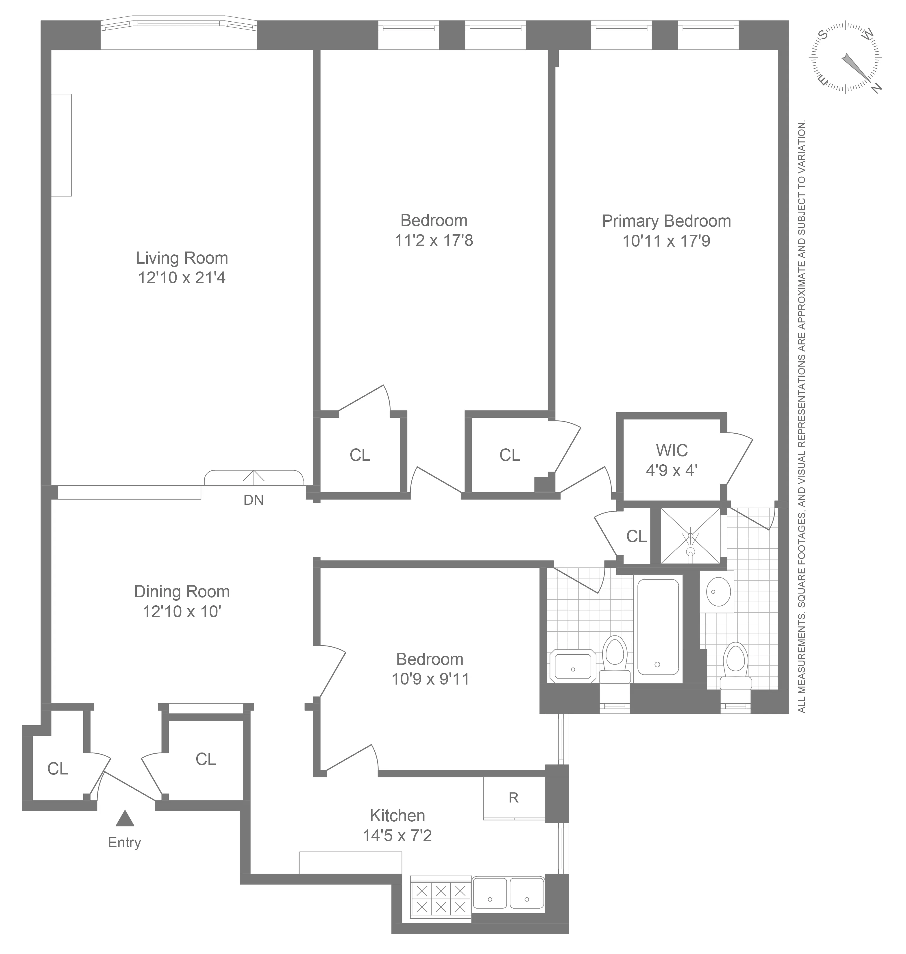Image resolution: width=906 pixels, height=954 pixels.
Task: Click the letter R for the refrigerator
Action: (x=513, y=798)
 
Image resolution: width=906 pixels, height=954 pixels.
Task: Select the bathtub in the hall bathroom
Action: (x=657, y=627)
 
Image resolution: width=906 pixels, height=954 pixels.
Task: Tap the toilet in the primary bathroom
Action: (x=735, y=667)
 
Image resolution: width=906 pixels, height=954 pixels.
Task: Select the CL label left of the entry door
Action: (x=58, y=768)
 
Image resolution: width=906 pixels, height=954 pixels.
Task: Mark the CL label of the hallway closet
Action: (x=636, y=536)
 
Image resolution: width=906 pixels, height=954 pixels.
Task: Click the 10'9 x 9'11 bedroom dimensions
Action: (x=430, y=679)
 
